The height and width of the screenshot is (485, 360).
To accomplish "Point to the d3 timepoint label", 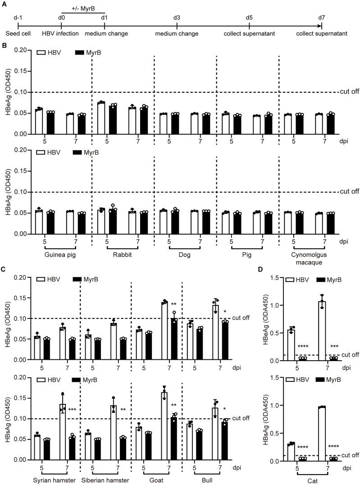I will (x=177, y=18).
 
